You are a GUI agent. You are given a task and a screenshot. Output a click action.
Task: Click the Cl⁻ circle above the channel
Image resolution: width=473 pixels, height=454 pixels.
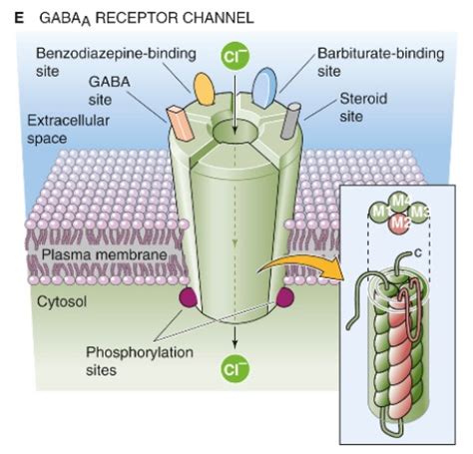tap(236, 56)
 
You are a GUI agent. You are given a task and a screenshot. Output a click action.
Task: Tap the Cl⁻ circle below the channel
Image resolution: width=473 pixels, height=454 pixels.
tap(236, 368)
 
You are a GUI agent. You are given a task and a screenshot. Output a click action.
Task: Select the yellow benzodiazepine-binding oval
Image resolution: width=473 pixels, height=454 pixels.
tap(204, 89)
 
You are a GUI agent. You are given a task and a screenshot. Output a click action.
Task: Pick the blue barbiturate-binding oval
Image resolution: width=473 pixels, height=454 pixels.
tap(264, 88)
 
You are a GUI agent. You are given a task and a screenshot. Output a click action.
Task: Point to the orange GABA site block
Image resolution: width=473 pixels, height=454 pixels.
tap(180, 123)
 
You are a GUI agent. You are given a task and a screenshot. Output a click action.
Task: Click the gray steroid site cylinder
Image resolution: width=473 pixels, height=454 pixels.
tap(290, 121)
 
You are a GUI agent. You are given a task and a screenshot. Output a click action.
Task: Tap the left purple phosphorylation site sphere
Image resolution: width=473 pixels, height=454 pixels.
tap(188, 297)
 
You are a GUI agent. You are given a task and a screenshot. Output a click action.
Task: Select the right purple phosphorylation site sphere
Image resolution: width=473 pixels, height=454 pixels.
tap(285, 297)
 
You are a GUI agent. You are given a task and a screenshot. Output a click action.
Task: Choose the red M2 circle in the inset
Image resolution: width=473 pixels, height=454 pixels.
tap(399, 224)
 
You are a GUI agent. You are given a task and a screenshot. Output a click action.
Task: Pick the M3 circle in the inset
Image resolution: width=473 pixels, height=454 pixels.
tap(418, 213)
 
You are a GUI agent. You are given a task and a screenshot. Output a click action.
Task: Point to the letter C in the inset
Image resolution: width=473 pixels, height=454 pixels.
tap(418, 253)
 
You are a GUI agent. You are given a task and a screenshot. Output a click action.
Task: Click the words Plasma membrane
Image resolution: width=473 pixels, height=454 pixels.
tap(104, 254)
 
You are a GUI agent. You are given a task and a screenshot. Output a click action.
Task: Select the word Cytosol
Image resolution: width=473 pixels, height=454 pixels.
tap(62, 301)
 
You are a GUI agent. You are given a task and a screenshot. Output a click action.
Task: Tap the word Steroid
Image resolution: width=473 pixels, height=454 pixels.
tap(363, 99)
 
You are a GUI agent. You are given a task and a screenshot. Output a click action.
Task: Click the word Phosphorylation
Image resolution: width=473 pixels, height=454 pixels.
tap(140, 352)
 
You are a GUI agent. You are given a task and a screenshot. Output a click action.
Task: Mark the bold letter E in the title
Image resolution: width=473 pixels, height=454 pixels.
tap(19, 18)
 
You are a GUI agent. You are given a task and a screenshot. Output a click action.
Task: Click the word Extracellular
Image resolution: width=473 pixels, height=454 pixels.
tap(68, 121)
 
